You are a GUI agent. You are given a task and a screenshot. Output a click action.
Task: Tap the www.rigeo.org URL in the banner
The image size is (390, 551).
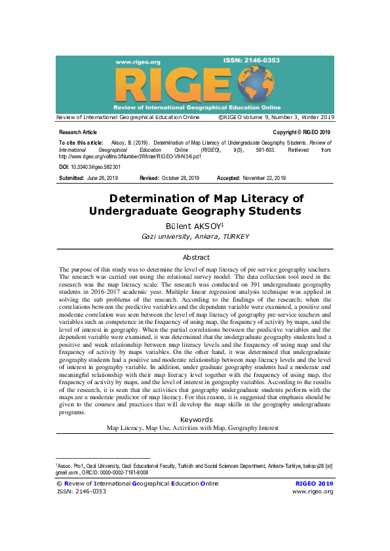pos(135,62)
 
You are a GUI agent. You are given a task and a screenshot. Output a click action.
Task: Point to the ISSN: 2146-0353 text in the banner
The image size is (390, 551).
pos(251,60)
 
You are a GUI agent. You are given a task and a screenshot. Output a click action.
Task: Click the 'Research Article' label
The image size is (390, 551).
pos(77,132)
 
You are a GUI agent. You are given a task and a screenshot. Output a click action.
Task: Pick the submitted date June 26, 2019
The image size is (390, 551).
pos(104,178)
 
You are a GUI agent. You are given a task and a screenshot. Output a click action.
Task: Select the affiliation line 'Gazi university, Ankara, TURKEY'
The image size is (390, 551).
pos(195,236)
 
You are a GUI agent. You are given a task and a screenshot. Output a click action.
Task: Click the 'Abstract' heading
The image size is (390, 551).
pos(196,258)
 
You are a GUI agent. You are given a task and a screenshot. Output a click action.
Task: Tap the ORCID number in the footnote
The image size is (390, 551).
pos(119,472)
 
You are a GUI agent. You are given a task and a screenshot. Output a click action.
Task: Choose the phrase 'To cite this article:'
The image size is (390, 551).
pos(81,142)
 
